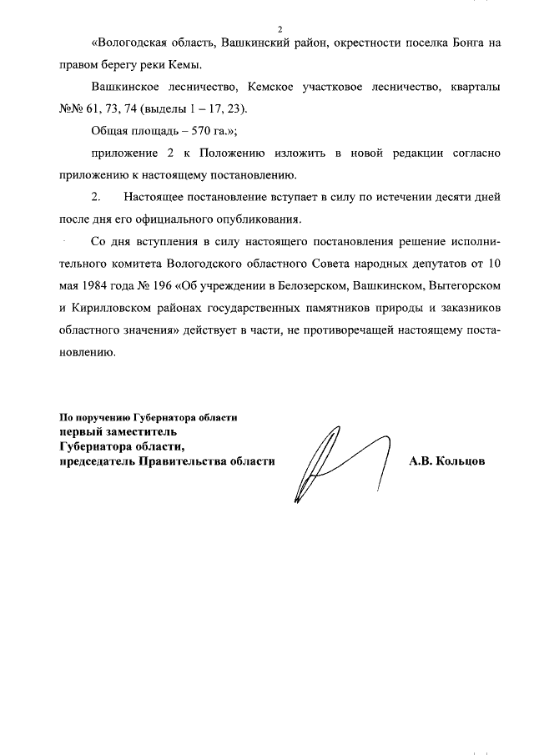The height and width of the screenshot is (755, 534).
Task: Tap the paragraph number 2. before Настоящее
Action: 94,198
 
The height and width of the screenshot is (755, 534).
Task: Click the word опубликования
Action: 250,219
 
